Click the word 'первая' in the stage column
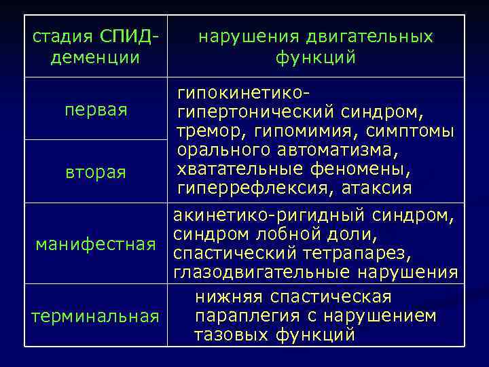tap(96, 110)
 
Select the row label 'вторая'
tap(96, 172)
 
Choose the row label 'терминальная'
tap(96, 316)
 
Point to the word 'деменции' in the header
tap(96, 58)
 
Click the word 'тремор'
tap(206, 130)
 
